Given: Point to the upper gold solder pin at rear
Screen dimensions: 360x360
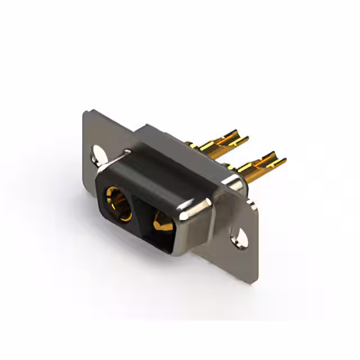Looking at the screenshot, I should [225, 141].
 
